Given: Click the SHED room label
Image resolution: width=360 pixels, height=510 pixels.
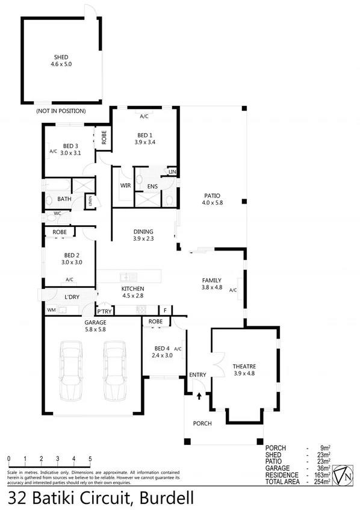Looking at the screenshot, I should click(x=60, y=57).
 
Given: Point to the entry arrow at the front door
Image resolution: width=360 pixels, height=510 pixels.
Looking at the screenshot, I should click(x=199, y=396).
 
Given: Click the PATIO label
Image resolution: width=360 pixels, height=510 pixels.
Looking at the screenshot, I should click(x=211, y=196).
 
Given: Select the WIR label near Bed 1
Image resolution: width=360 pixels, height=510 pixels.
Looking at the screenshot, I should click(x=125, y=186).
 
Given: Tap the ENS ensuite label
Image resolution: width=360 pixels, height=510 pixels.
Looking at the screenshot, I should click(x=152, y=187).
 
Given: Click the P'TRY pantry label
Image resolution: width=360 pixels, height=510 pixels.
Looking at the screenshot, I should click(x=105, y=311).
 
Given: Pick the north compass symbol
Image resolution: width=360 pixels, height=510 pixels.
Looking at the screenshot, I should click(x=343, y=474).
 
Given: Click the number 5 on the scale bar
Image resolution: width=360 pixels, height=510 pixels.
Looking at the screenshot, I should click(x=90, y=459).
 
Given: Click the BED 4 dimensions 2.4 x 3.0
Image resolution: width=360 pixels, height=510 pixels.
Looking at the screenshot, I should click(x=162, y=356).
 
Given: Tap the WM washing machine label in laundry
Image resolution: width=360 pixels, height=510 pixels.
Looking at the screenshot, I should click(x=51, y=310).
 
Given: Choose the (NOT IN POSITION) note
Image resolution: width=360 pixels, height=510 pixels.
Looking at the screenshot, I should click(x=60, y=111).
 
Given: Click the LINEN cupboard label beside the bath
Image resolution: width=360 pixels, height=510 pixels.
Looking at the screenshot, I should click(x=90, y=201).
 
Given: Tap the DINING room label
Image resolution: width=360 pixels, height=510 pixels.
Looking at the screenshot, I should click(x=143, y=231).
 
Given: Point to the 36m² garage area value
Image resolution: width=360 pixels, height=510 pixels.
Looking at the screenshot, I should click(x=324, y=468).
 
